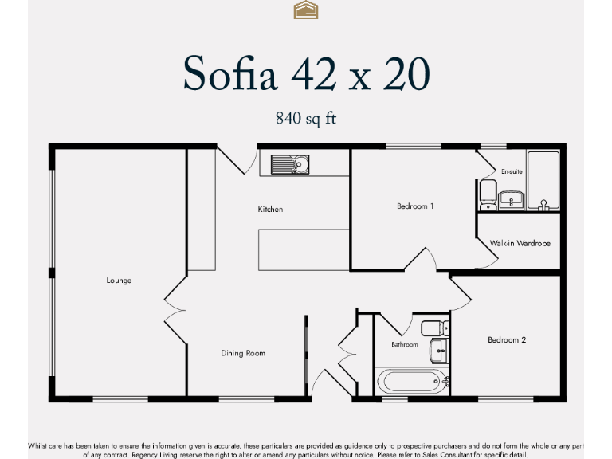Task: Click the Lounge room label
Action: click(x=119, y=280)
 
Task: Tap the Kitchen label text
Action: click(x=270, y=210)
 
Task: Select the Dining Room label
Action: click(x=243, y=353)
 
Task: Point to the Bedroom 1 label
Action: click(x=415, y=206)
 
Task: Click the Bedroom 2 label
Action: click(x=507, y=340)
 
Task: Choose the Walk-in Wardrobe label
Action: click(x=520, y=243)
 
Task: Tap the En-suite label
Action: click(x=512, y=171)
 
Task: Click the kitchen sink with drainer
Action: click(x=290, y=165)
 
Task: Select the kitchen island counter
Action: click(x=303, y=249)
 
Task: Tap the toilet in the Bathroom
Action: click(x=434, y=328)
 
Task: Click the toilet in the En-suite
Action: click(x=488, y=194)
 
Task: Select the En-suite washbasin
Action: click(x=511, y=199)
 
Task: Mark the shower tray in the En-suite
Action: click(x=543, y=180)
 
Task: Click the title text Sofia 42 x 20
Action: click(x=306, y=74)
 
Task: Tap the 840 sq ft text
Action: click(x=306, y=119)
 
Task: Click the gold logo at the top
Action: click(x=306, y=10)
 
